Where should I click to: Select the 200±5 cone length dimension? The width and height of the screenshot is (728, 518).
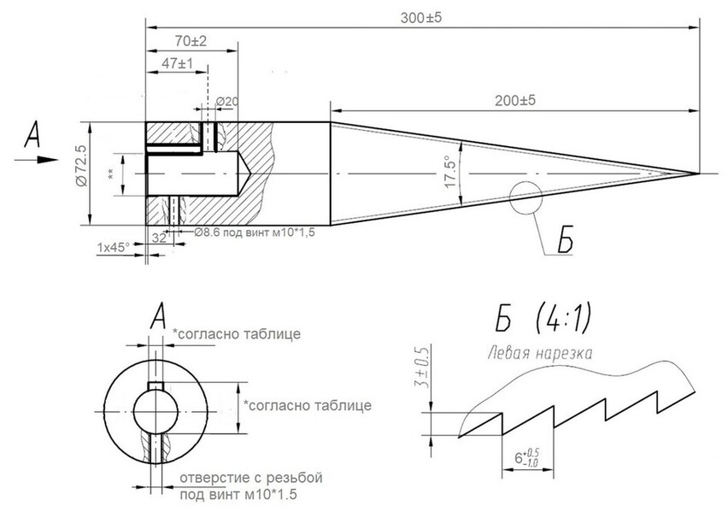pos(514,100)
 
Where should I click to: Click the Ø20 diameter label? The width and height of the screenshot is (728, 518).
pos(226,101)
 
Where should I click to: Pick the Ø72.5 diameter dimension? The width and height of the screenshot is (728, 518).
pos(80,174)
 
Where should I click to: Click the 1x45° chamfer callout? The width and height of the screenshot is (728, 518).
pos(113,247)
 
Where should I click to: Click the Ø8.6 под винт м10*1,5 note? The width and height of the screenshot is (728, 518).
pos(255,233)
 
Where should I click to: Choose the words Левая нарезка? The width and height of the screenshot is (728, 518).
pos(540,352)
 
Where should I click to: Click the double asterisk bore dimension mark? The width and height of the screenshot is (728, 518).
pos(112,174)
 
